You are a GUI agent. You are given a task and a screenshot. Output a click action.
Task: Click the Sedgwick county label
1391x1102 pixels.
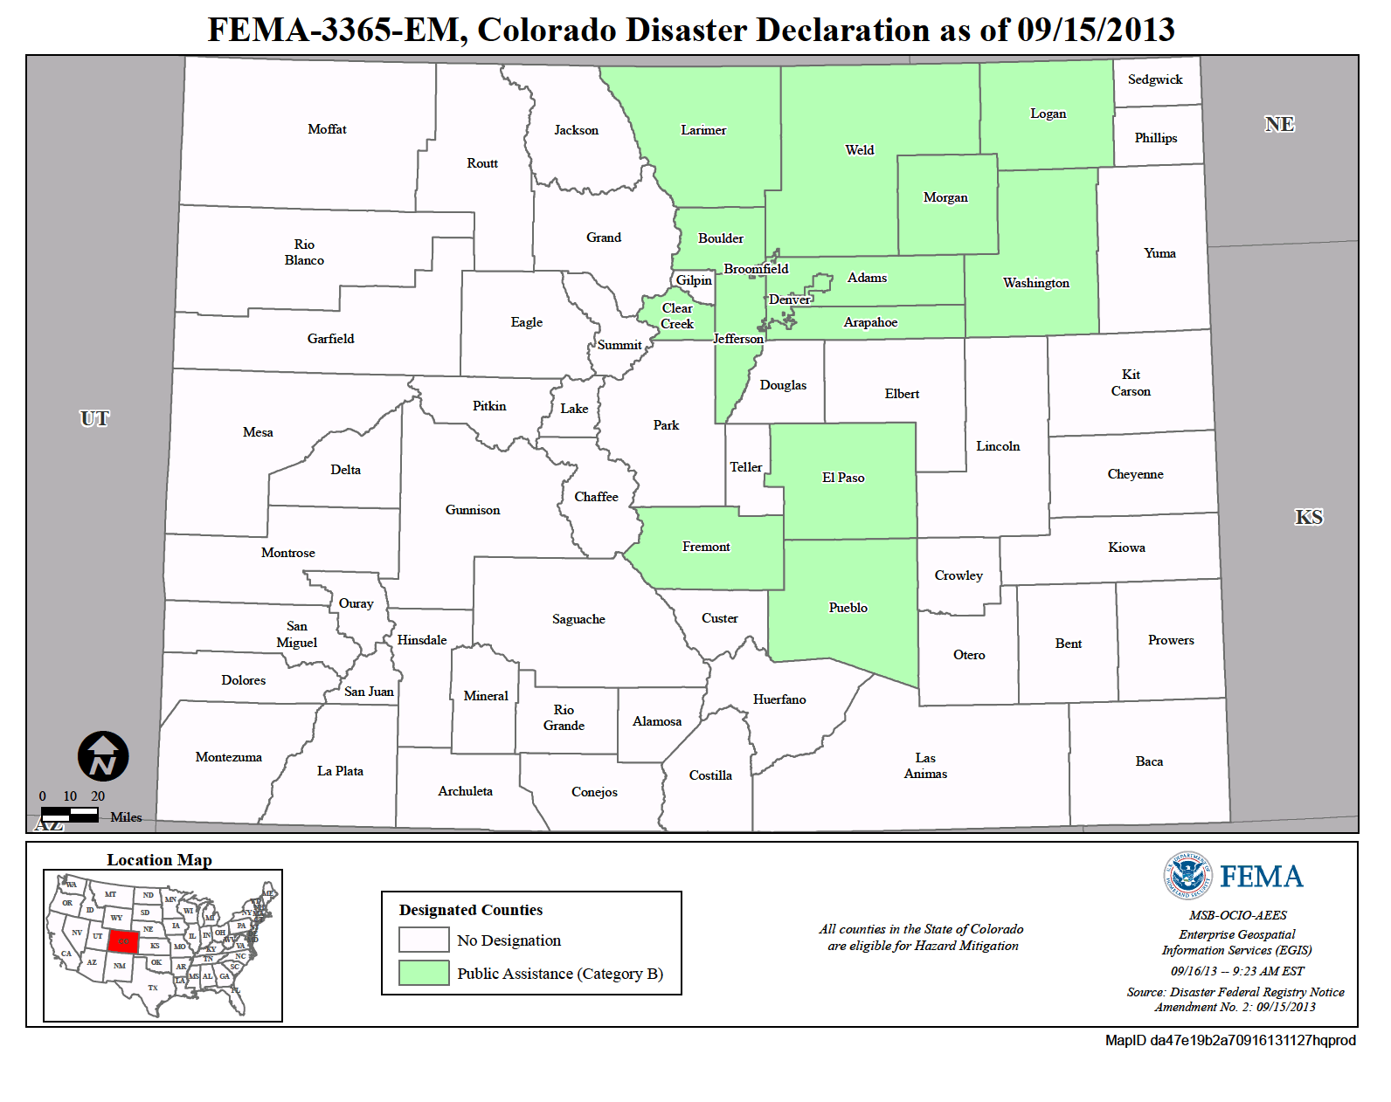pyautogui.click(x=1154, y=79)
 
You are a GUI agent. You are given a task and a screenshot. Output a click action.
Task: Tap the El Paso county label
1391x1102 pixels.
pyautogui.click(x=842, y=478)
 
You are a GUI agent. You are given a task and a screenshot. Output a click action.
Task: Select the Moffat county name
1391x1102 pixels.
pyautogui.click(x=327, y=129)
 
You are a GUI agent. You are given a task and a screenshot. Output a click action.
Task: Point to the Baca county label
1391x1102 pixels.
pyautogui.click(x=1149, y=761)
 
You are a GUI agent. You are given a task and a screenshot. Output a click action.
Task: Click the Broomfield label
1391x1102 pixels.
pyautogui.click(x=756, y=269)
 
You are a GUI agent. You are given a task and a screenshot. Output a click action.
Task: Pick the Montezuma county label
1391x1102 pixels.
pyautogui.click(x=228, y=757)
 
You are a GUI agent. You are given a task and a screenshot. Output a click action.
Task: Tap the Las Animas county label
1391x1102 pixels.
pyautogui.click(x=925, y=766)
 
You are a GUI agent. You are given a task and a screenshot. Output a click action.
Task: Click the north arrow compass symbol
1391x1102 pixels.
pyautogui.click(x=103, y=756)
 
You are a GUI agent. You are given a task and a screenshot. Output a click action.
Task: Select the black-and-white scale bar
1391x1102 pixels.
pyautogui.click(x=70, y=814)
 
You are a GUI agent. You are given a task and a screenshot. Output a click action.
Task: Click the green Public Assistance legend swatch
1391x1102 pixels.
pyautogui.click(x=424, y=973)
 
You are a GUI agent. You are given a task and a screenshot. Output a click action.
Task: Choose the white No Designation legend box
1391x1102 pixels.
pyautogui.click(x=424, y=940)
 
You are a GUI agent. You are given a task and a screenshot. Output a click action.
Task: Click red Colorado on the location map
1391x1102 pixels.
pyautogui.click(x=123, y=941)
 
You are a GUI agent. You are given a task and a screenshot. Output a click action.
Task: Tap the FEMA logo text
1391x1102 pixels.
pyautogui.click(x=1261, y=877)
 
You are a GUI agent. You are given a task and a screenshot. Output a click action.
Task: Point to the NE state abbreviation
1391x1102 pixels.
pyautogui.click(x=1279, y=124)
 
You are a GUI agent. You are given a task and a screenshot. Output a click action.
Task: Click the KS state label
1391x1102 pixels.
pyautogui.click(x=1308, y=517)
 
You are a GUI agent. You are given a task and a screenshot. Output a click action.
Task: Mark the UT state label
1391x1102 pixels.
pyautogui.click(x=94, y=418)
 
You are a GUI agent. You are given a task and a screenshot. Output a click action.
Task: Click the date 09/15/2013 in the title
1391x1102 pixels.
pyautogui.click(x=1096, y=30)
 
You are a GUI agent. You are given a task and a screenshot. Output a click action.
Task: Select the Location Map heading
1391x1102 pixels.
pyautogui.click(x=159, y=860)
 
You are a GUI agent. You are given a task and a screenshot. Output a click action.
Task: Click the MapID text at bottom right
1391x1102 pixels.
pyautogui.click(x=1229, y=1040)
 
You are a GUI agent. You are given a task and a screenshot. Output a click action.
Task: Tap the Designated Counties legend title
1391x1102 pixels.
pyautogui.click(x=470, y=910)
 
